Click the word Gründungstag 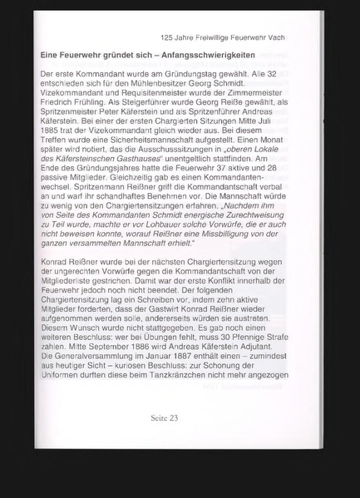point(195,76)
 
